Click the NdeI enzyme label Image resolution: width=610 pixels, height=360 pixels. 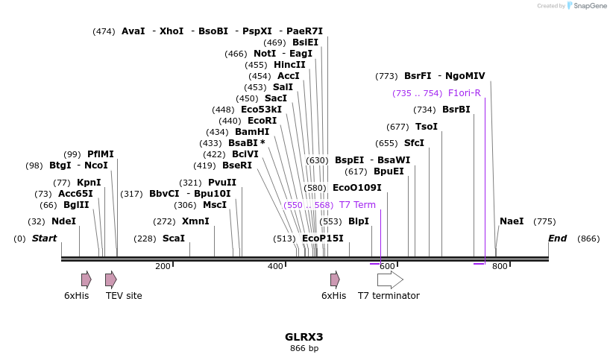tap(63, 221)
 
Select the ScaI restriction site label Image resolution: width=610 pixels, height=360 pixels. tap(173, 239)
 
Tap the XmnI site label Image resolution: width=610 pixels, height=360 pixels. tap(195, 221)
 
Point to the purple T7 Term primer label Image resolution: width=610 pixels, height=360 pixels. tap(357, 205)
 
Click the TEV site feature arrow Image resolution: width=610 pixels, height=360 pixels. tap(110, 280)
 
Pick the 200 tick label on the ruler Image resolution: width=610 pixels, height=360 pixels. tap(163, 267)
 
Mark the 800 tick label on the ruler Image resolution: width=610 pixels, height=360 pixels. tap(500, 267)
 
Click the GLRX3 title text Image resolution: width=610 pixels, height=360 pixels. tap(304, 337)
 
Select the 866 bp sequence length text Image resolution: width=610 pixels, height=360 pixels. tap(304, 348)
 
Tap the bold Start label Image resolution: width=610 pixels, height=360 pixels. tap(44, 239)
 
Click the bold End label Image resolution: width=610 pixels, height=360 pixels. tap(557, 239)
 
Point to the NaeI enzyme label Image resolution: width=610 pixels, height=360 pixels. tap(512, 221)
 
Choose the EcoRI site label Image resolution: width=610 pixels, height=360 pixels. tap(262, 121)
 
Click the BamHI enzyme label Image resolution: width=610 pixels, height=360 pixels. tap(252, 132)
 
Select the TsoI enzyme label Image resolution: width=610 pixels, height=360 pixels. tap(427, 127)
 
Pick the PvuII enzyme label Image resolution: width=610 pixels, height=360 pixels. tap(222, 183)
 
